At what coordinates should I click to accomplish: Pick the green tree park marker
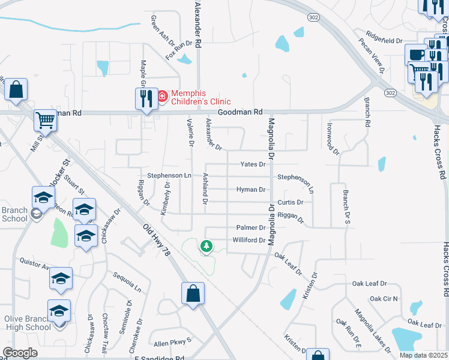pos(206,246)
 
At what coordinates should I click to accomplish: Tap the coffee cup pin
pos(415,55)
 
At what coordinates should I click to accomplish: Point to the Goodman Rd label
pos(240,112)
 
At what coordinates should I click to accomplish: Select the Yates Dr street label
pos(253,164)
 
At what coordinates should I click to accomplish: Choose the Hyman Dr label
pos(251,190)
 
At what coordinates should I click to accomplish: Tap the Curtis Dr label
pos(291,202)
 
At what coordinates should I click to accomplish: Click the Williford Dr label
pos(249,241)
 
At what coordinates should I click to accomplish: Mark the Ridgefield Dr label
pos(384,40)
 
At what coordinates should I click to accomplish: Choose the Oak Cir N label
pos(384,298)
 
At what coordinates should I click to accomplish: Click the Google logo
pos(20,353)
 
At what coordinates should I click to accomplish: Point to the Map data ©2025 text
pos(423,355)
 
